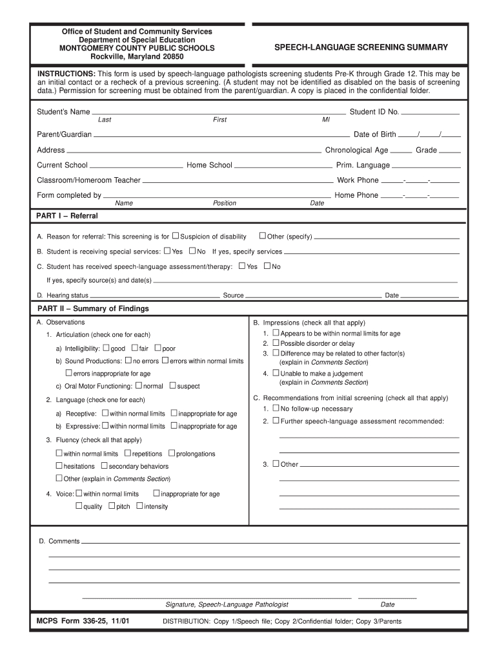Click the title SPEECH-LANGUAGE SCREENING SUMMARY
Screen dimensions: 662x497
(361, 48)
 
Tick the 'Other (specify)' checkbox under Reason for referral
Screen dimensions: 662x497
(263, 236)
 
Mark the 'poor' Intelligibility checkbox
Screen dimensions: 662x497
(157, 348)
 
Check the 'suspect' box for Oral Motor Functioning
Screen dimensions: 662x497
(172, 386)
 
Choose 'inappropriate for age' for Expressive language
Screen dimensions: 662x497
(174, 426)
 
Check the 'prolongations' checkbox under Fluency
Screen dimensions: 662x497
(172, 453)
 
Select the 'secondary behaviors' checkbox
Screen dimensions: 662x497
(104, 465)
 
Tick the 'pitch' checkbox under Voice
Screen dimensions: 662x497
(112, 506)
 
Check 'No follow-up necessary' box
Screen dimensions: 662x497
(276, 409)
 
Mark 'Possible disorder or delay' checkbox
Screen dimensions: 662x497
(276, 343)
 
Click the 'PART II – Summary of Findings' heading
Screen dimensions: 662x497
(93, 309)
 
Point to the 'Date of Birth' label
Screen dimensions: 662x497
(374, 134)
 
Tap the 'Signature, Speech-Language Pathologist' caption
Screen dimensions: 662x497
(227, 604)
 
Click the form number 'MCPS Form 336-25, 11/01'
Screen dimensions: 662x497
(83, 621)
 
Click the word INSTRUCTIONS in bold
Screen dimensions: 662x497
(66, 74)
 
